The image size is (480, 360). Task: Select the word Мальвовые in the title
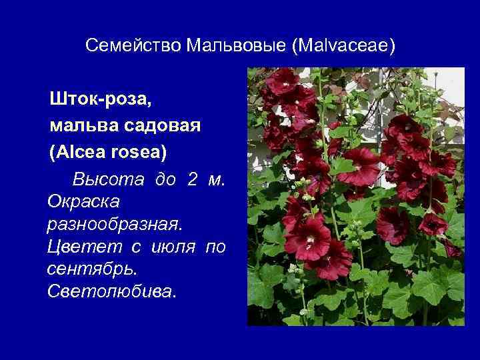236,45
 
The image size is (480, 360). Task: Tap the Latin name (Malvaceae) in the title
344,46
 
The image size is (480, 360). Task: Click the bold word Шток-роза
101,99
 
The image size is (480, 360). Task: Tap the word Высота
108,179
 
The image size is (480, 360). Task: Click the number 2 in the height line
192,179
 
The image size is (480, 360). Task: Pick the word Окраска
83,202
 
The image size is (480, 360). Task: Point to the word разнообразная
115,225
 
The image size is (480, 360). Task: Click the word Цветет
85,247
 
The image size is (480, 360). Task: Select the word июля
173,247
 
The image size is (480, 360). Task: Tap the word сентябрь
91,269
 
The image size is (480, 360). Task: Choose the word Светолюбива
112,291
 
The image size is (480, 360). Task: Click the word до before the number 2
165,180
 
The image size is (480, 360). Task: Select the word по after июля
215,247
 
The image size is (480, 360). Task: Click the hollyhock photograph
356,196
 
